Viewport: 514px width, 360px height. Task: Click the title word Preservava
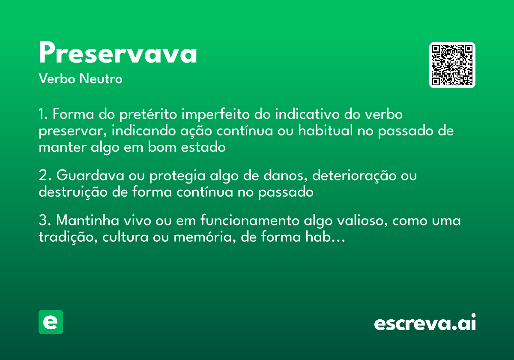[118, 54]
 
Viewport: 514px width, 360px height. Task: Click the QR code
[452, 65]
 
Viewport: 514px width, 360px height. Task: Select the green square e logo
[51, 322]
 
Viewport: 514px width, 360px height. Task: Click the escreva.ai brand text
[425, 323]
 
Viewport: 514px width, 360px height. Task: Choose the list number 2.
[45, 176]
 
